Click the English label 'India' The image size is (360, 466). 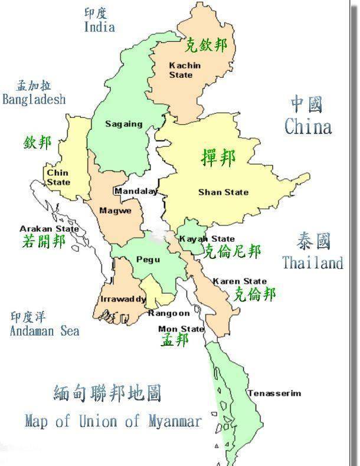click(x=99, y=27)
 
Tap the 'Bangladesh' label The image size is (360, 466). click(x=34, y=99)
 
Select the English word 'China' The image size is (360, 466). click(x=307, y=126)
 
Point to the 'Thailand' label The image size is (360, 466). click(x=312, y=262)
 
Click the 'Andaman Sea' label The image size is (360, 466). click(x=44, y=331)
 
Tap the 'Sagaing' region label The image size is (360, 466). click(x=123, y=124)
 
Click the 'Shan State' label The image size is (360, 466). click(x=223, y=192)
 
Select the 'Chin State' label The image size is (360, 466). click(x=58, y=178)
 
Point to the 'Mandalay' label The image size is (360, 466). click(x=136, y=191)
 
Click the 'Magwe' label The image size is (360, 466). click(x=111, y=211)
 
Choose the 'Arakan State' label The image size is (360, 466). click(x=49, y=229)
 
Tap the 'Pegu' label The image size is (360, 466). click(x=148, y=259)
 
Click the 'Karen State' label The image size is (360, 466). click(x=240, y=281)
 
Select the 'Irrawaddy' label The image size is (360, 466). click(x=123, y=299)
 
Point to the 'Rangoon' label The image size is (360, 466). click(x=169, y=313)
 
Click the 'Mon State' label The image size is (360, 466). click(x=181, y=329)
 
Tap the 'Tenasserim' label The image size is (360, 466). click(x=274, y=393)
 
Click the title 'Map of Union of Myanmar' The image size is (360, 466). click(x=113, y=421)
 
